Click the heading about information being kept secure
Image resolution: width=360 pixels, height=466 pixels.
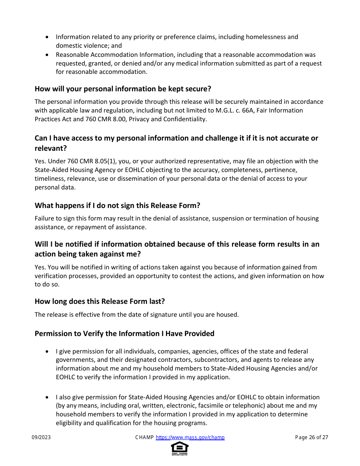[x=123, y=89]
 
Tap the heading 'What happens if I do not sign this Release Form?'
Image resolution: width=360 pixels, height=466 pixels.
[x=117, y=205]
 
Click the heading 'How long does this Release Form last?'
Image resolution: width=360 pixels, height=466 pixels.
[x=100, y=301]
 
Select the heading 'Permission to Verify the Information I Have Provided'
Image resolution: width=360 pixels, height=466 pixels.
[x=124, y=333]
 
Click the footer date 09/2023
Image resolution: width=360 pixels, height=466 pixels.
[x=41, y=437]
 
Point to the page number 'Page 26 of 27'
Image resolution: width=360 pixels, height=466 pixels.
[x=311, y=437]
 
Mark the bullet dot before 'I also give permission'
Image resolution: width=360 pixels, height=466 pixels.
[x=47, y=397]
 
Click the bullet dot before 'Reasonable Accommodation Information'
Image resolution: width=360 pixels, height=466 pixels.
[x=47, y=55]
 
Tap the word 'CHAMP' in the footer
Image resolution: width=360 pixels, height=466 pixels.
[x=144, y=437]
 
